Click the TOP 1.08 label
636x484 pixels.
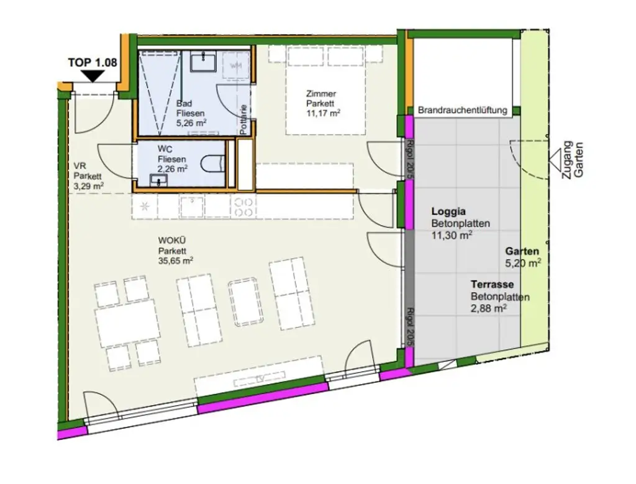[x=93, y=62]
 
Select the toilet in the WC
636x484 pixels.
[x=213, y=164]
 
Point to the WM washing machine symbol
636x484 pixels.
[x=236, y=65]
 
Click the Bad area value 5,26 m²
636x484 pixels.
[x=191, y=122]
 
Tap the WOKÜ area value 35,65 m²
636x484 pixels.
[x=176, y=261]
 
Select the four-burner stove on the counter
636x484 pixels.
[x=243, y=206]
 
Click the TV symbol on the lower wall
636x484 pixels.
[x=258, y=379]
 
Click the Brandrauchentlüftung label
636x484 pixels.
[x=463, y=110]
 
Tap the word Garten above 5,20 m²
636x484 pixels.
[x=522, y=252]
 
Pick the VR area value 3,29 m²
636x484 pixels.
[x=88, y=185]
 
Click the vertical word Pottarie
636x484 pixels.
[x=244, y=120]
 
